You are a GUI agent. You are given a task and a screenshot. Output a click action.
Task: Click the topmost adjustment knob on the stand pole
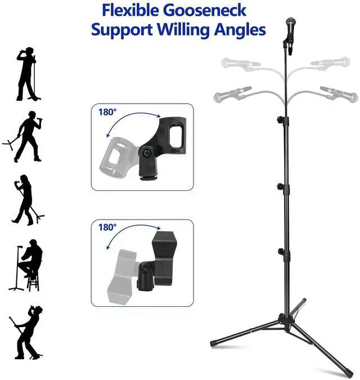(280, 119)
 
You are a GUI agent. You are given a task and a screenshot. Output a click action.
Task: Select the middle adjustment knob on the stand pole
(280, 185)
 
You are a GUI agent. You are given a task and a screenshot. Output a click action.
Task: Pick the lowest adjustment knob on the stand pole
(280, 251)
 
